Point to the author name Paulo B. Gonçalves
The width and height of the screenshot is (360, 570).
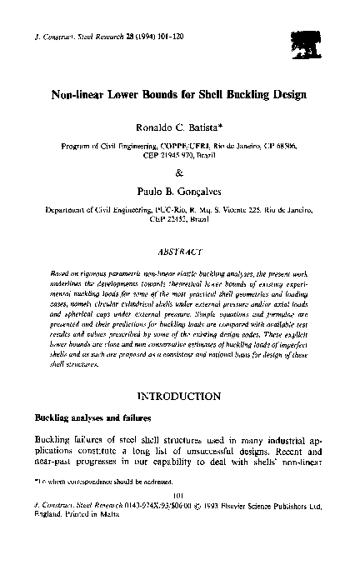coord(180,192)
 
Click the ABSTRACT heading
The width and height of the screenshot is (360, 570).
coord(180,249)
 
